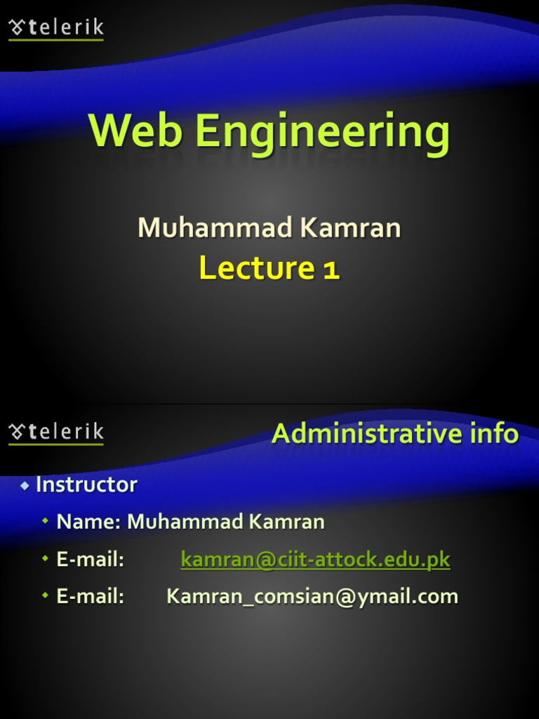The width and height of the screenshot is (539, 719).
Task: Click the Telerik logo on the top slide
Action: pos(56,29)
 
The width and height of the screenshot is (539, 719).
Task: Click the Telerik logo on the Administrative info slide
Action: pos(56,433)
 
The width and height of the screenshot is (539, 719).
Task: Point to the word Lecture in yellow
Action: pos(255,268)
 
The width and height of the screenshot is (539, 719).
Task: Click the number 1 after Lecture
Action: pos(331,269)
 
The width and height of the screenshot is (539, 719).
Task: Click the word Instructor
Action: pos(86,484)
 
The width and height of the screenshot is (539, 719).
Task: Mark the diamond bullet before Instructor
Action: pos(25,485)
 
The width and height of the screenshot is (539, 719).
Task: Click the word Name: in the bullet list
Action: pos(89,522)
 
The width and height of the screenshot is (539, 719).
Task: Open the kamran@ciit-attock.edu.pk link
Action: pos(315,560)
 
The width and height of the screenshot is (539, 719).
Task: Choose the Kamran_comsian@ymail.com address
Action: pos(312,597)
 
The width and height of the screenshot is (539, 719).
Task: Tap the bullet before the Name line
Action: pos(46,522)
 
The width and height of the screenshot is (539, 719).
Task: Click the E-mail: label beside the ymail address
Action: pos(90,597)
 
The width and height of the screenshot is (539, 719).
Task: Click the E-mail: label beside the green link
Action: pos(90,560)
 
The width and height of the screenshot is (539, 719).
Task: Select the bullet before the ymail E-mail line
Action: pos(46,597)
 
